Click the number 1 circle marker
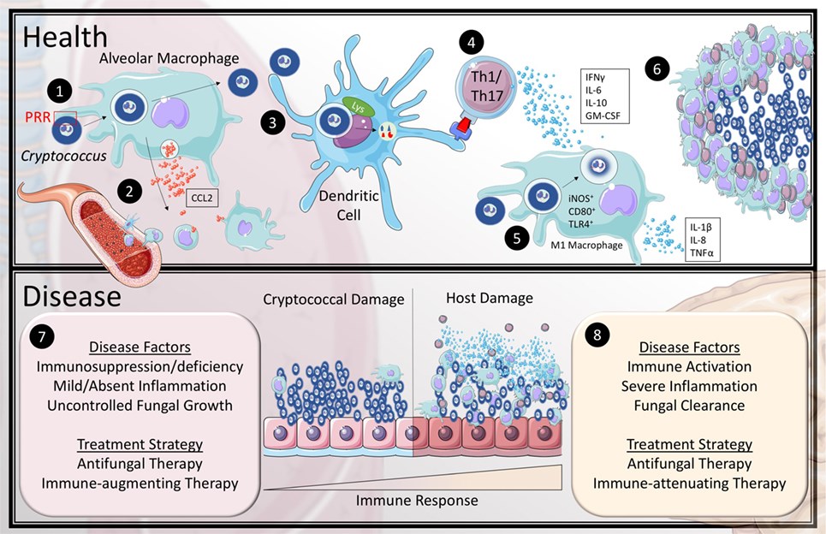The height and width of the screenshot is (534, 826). (58, 89)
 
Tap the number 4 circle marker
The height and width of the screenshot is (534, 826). (470, 41)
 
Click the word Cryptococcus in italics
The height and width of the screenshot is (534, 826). (58, 157)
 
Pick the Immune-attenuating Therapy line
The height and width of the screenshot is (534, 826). (689, 483)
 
